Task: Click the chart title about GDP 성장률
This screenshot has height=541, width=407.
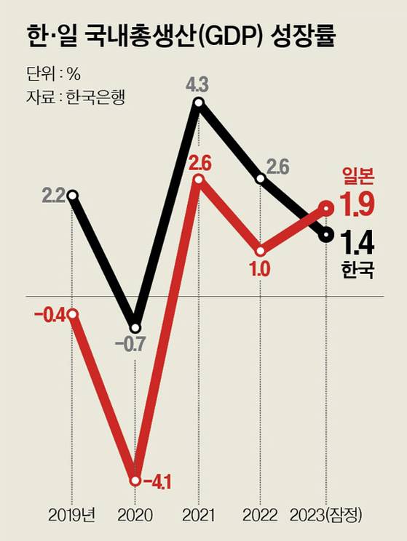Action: tap(181, 36)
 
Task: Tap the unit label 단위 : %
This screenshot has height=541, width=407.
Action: tap(52, 73)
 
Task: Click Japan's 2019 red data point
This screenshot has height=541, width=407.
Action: tap(72, 314)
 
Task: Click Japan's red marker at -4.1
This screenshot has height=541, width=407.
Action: tap(135, 479)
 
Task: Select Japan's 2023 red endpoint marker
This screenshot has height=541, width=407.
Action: tap(327, 209)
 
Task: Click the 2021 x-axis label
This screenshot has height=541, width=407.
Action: tap(198, 516)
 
